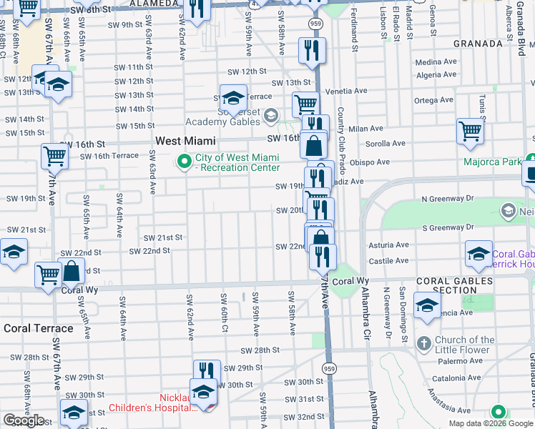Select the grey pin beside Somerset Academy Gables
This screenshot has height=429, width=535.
pos(270,115)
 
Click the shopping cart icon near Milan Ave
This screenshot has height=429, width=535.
pos(470,132)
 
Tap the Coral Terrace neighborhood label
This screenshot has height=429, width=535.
pos(39,329)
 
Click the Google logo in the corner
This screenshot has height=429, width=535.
pos(24,421)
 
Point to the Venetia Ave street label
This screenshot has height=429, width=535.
pos(346,92)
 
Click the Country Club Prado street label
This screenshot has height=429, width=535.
pos(340,136)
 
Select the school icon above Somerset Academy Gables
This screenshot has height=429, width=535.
pos(233,98)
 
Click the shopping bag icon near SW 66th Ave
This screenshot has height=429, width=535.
pos(72,272)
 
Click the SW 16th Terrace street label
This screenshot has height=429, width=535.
pos(109,156)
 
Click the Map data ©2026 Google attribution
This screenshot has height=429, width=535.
pos(490,423)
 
